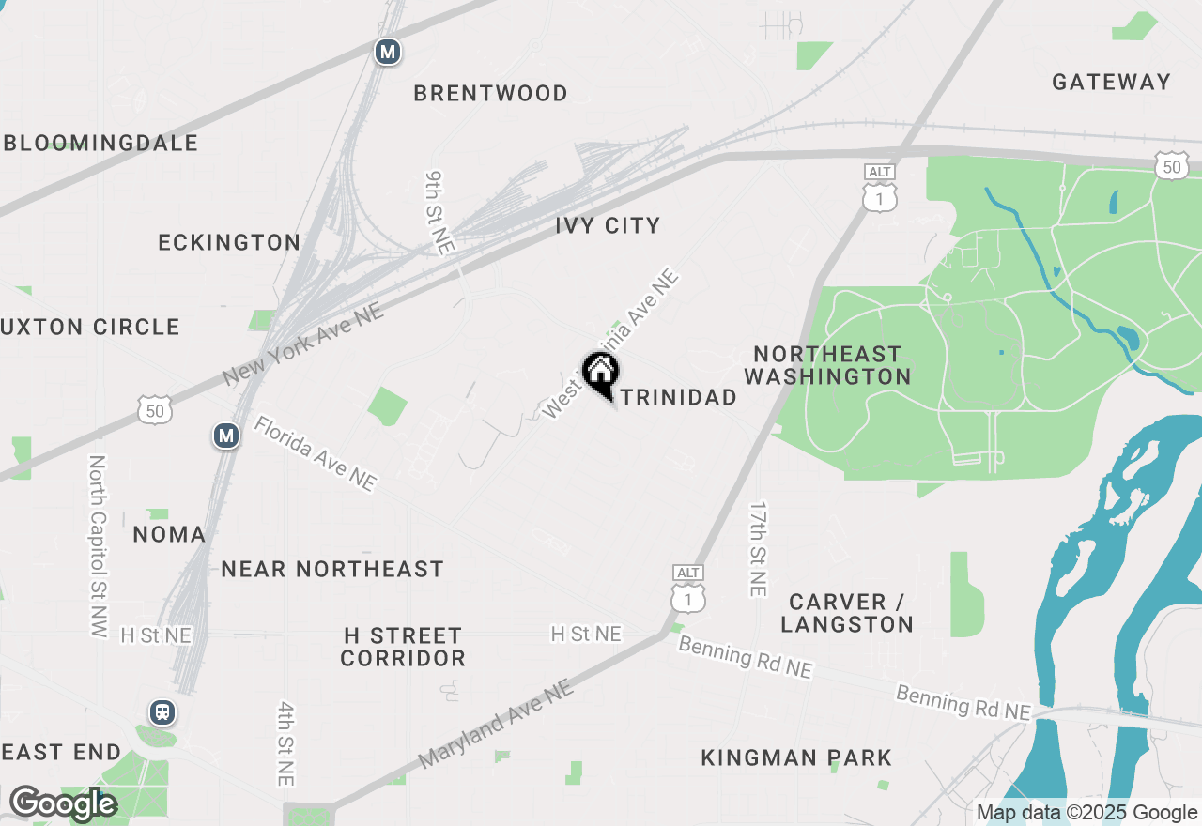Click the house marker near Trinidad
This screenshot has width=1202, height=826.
[x=599, y=373]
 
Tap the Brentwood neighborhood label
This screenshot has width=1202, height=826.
[x=490, y=93]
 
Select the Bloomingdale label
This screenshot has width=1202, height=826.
[x=101, y=143]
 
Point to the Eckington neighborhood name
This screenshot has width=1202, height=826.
[x=229, y=242]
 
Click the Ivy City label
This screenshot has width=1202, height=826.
[x=608, y=225]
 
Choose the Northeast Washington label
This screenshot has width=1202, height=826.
[x=827, y=365]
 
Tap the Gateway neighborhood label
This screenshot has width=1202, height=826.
[x=1111, y=82]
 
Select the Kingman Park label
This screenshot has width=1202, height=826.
[x=796, y=757]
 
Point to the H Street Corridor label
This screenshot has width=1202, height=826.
[x=403, y=647]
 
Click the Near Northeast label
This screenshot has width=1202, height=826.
[x=332, y=569]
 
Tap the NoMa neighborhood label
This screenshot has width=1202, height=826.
[x=169, y=534]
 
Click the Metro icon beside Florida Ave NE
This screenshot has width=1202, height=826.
[x=224, y=436]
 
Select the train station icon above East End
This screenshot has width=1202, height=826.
[x=162, y=711]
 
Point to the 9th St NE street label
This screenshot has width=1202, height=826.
[x=439, y=212]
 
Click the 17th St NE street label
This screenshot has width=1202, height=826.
[x=758, y=548]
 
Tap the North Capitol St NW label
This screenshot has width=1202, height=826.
[x=98, y=546]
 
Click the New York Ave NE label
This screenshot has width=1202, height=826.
[x=303, y=344]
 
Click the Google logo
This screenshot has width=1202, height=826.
[x=63, y=804]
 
